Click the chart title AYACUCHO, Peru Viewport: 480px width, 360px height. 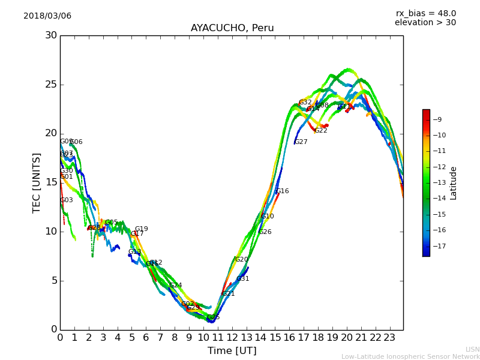232,28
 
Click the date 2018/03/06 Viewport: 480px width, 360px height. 47,16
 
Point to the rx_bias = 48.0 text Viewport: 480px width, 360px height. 425,13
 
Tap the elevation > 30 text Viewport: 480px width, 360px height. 425,23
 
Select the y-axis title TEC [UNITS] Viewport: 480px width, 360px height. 37,182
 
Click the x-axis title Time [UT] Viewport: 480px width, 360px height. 232,351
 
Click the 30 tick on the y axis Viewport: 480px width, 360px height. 51,35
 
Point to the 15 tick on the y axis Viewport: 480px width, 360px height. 51,182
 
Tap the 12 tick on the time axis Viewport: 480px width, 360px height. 232,338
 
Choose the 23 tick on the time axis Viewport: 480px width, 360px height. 389,338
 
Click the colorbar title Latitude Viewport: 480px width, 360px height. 454,182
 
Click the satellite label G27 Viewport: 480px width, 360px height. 301,142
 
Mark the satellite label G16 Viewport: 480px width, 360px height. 282,191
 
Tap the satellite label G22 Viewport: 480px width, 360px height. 321,131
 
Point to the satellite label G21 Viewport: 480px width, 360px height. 229,294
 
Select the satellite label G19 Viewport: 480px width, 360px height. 141,229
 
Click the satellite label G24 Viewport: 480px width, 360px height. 176,286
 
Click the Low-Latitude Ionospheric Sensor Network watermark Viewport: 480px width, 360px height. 410,356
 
